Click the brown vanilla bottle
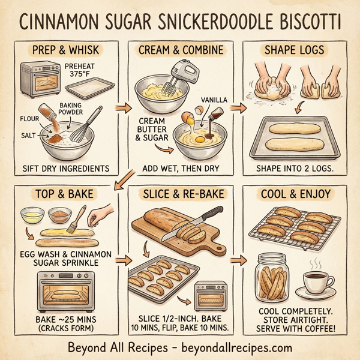208,120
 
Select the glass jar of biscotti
275,278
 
